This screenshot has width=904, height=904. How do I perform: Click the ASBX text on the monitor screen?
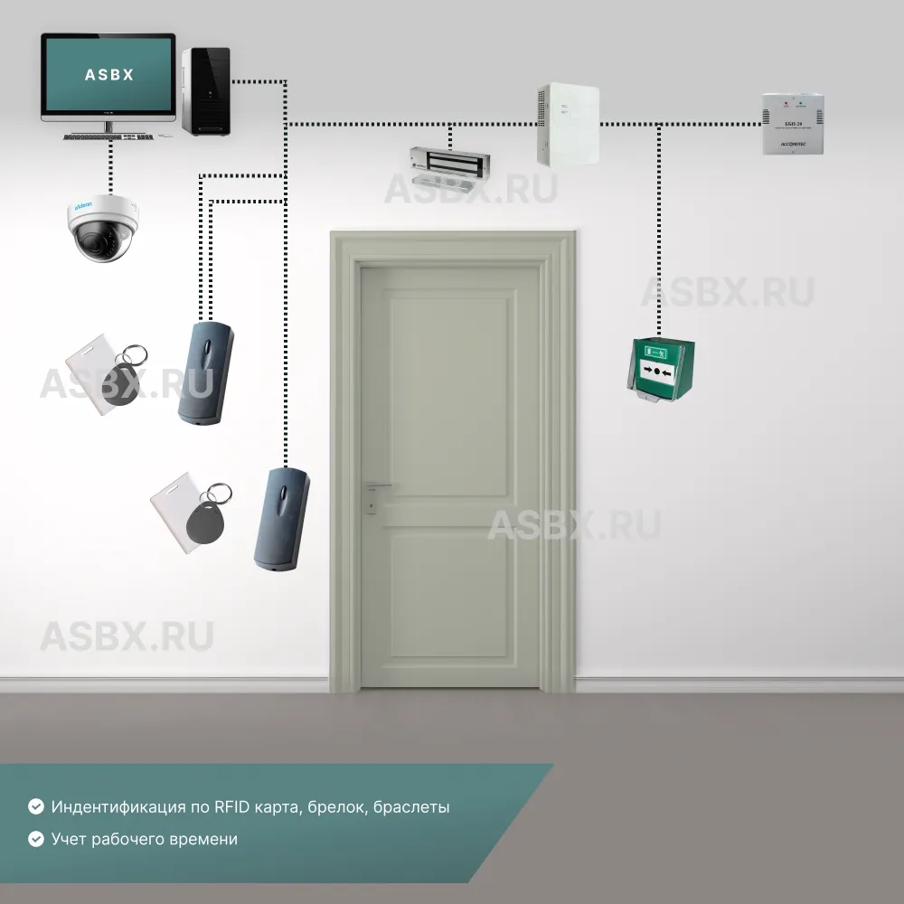point(108,75)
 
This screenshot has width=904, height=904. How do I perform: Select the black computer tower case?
point(206,91)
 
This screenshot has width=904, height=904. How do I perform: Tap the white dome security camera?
point(104,230)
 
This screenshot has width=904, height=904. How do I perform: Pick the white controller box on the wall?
point(569,125)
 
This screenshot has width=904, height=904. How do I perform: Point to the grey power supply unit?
point(793,123)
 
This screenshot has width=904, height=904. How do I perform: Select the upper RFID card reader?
point(205,372)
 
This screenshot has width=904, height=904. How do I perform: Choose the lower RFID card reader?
point(281,519)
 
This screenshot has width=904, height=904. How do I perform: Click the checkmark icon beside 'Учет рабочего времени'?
point(36,839)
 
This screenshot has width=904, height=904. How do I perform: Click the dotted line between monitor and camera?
point(109,167)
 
